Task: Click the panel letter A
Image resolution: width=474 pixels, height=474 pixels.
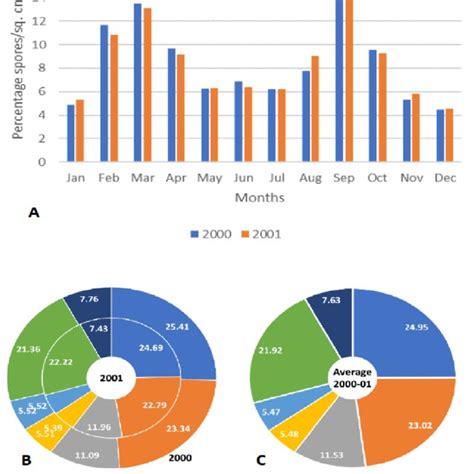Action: [x=36, y=213]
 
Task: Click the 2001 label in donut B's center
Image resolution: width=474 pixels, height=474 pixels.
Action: [x=112, y=379]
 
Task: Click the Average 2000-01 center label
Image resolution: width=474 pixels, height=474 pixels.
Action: [x=358, y=379]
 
